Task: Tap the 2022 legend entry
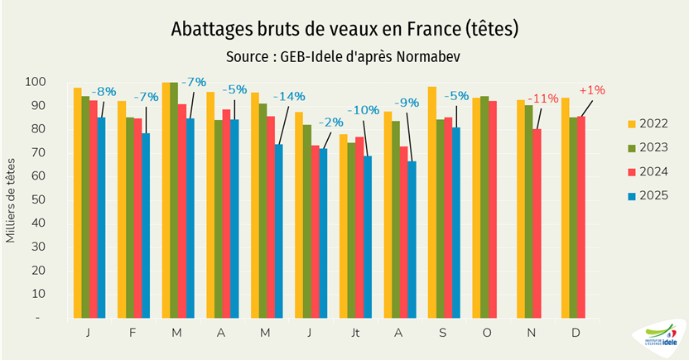pos(645,124)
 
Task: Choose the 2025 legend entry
pos(645,195)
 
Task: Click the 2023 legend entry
pos(645,148)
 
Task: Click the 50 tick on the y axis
pos(60,200)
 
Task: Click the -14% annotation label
pos(289,94)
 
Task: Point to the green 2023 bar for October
pos(484,207)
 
